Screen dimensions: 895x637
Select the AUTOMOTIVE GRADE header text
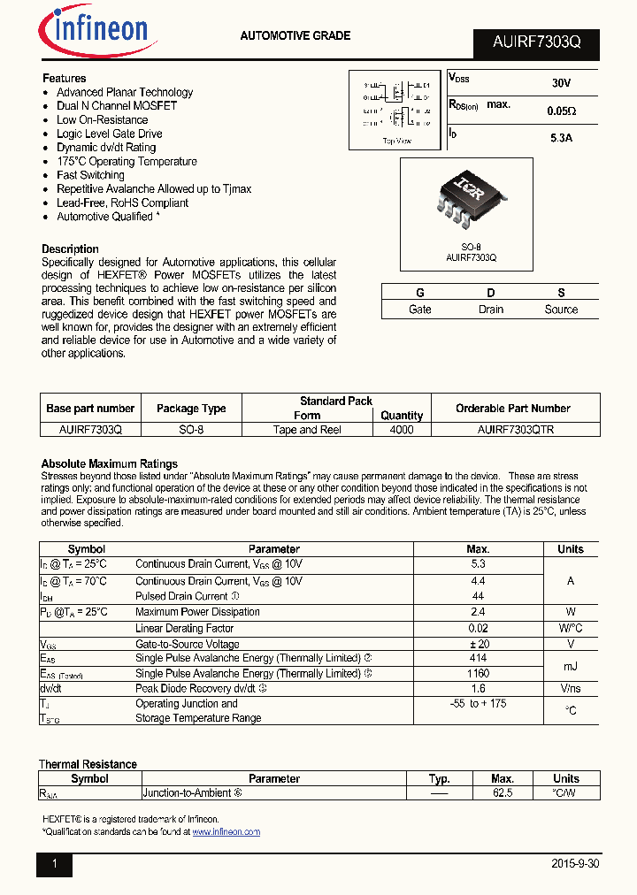[x=295, y=36]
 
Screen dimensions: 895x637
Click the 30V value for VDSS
[x=561, y=83]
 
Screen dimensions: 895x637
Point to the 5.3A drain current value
[x=561, y=138]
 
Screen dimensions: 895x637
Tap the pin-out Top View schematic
[x=396, y=109]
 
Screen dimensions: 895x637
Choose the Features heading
[x=64, y=79]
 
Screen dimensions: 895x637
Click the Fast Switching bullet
[x=90, y=175]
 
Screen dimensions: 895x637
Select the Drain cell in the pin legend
[x=490, y=310]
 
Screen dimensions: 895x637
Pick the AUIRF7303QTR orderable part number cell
[x=513, y=430]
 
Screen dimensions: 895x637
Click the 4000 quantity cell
[x=402, y=430]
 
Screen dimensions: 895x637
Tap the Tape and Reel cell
[x=307, y=430]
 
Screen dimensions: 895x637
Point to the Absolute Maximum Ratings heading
[x=109, y=463]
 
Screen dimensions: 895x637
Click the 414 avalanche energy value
[x=478, y=659]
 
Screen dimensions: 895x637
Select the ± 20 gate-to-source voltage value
[x=478, y=645]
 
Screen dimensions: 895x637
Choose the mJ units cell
[x=571, y=666]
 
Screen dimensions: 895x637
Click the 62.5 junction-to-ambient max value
[x=503, y=793]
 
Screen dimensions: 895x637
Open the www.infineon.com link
[x=226, y=832]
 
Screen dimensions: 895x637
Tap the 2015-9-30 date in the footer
[x=575, y=864]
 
